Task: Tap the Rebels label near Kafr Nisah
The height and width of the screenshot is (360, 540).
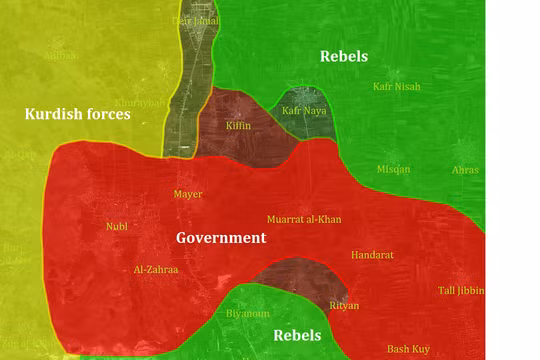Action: [x=343, y=56]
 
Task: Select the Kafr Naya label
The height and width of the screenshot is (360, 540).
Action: [x=303, y=111]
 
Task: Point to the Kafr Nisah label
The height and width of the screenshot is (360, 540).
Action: [x=396, y=87]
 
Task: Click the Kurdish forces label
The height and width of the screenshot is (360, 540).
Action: [x=78, y=114]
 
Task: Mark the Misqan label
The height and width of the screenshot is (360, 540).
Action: [x=393, y=169]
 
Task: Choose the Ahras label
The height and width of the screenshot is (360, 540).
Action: [x=465, y=170]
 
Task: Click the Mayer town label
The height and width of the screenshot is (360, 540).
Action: [x=187, y=194]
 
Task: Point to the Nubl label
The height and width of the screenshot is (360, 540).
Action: [x=117, y=226]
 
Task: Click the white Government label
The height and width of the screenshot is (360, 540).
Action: [x=221, y=238]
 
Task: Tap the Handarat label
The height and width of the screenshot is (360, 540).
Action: [x=372, y=255]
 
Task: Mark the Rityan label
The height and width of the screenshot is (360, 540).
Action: [x=343, y=305]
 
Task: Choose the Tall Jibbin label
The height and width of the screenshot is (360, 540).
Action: [x=461, y=291]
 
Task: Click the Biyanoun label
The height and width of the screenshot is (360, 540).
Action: [x=248, y=313]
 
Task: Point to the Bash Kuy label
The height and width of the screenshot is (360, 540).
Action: [x=408, y=348]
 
